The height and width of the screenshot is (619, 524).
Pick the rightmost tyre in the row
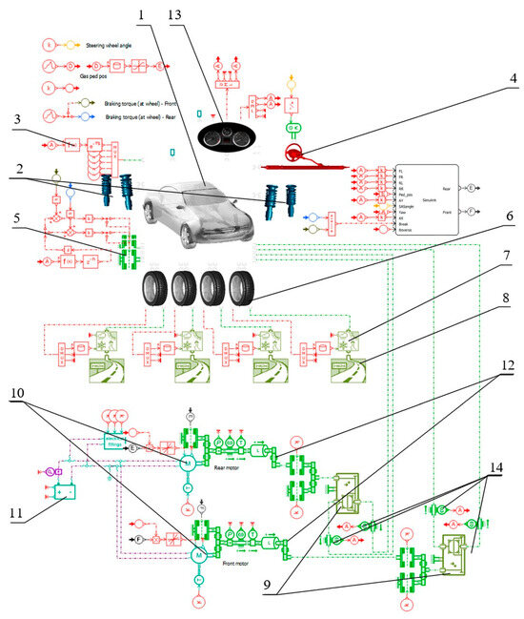point(243,289)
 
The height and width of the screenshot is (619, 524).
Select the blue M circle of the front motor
point(199,554)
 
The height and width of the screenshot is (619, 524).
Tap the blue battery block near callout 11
point(65,494)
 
